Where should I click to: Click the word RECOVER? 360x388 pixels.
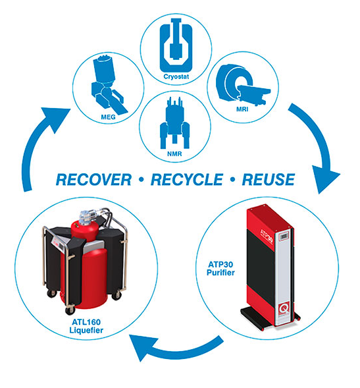93,180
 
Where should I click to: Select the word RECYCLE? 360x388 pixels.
187,180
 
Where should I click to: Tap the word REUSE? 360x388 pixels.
269,180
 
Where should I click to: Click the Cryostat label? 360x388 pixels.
176,76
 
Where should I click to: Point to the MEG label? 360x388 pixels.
108,117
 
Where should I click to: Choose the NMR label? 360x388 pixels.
174,154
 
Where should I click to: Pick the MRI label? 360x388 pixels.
242,109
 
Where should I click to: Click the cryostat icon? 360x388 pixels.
176,45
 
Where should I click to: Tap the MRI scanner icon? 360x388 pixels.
242,84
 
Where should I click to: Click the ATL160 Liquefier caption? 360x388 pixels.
86,326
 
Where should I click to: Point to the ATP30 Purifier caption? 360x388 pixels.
220,269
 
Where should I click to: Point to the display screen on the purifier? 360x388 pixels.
284,236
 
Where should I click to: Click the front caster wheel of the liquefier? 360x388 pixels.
70,310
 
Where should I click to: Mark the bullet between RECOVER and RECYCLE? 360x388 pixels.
141,180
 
